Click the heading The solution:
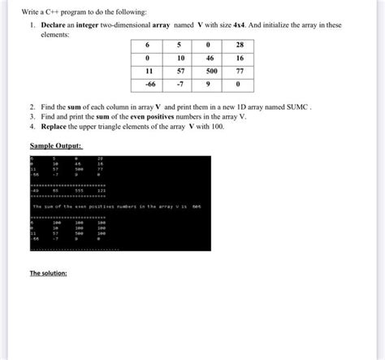coord(48,273)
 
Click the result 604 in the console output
coord(197,206)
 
